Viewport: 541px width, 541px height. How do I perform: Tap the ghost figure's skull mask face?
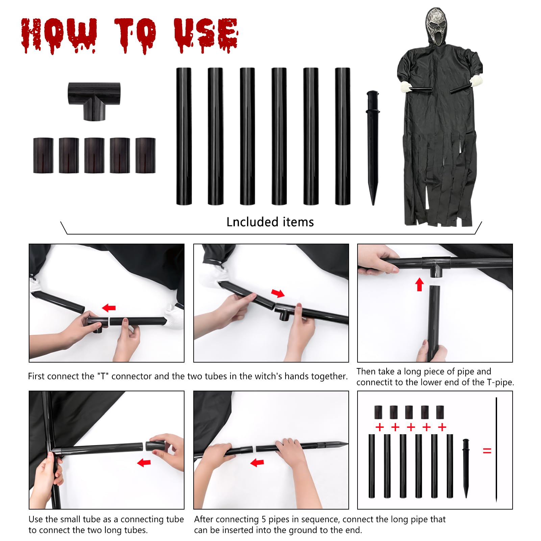click(x=436, y=24)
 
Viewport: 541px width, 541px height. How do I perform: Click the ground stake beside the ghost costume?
click(x=372, y=145)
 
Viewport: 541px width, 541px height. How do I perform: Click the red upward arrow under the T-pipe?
click(x=419, y=284)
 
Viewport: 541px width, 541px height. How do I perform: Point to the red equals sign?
click(x=487, y=450)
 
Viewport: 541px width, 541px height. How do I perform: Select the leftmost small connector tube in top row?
click(x=43, y=155)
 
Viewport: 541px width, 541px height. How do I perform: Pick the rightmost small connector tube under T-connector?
click(x=145, y=155)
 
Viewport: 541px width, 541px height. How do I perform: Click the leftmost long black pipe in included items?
click(x=184, y=136)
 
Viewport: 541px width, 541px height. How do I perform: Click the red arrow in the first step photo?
click(x=109, y=308)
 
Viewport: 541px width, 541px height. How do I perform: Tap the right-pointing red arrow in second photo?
click(x=278, y=293)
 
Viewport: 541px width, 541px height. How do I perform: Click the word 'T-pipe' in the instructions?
click(x=500, y=383)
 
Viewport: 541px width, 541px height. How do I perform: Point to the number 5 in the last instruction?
click(x=264, y=519)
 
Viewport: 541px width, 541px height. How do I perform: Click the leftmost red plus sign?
click(x=379, y=427)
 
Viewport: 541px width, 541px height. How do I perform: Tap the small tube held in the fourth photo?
click(x=155, y=445)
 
